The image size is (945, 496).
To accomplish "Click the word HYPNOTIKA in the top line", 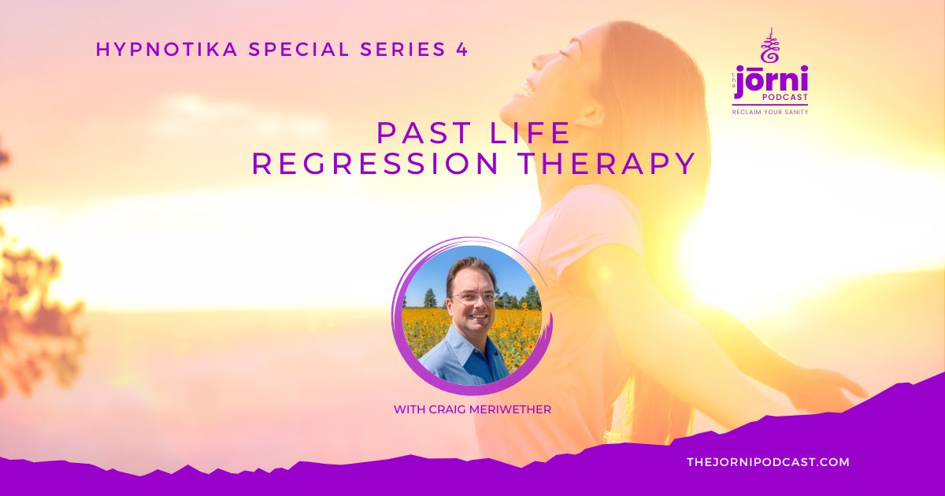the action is point(167,50).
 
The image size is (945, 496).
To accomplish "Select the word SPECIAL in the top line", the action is point(298,50).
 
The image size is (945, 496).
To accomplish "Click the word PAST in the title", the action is point(424,132).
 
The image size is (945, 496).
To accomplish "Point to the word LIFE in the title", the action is point(530,132).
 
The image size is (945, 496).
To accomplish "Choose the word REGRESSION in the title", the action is point(376,164).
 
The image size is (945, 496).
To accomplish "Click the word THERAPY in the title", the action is point(606,164).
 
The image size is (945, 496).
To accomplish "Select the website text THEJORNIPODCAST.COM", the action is point(769,462).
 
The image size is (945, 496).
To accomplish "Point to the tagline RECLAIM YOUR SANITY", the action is point(770,112).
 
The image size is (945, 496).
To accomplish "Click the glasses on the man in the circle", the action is point(473,298).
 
